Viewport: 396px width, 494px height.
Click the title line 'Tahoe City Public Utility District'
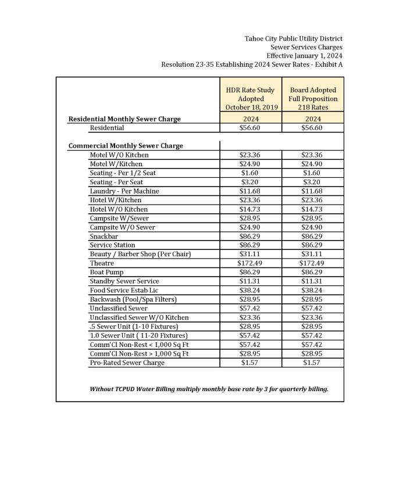pos(293,38)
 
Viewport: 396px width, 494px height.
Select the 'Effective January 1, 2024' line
pos(304,56)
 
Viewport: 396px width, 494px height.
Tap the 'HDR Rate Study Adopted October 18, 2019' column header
pos(250,99)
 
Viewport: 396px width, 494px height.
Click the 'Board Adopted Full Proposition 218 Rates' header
pos(313,99)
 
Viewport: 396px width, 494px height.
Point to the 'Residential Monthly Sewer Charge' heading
pos(124,119)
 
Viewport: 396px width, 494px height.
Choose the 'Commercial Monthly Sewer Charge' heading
pos(126,146)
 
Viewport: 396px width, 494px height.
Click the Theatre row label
pos(102,263)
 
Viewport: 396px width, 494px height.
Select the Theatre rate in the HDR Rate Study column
pos(250,263)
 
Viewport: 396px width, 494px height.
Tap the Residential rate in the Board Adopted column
pos(313,128)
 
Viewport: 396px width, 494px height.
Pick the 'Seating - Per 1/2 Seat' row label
pos(123,173)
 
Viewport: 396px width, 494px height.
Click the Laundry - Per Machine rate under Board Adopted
pos(313,191)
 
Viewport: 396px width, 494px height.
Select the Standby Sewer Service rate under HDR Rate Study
pos(250,281)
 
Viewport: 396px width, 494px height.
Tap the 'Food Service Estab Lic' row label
pos(124,290)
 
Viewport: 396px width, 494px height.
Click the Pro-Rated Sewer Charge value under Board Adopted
pos(313,363)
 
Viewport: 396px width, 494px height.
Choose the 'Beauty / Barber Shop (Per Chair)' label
pos(140,254)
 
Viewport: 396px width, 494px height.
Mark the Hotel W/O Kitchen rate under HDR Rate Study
pos(250,209)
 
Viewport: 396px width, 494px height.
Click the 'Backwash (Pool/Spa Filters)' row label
pos(133,299)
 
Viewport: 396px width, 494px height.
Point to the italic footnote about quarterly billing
pos(209,389)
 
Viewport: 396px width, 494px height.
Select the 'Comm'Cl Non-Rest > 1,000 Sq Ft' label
pos(139,353)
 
